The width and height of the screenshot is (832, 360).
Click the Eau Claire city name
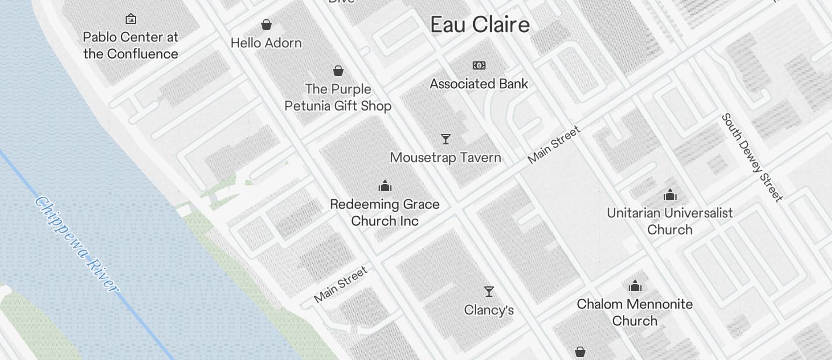[480, 25]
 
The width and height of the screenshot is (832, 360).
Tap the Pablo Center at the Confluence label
[130, 46]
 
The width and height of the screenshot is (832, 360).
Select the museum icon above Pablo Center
[131, 19]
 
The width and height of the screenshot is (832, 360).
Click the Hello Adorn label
[266, 43]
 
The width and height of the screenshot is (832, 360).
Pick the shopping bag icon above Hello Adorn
[266, 25]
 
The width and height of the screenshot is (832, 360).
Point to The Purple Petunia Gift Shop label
[338, 98]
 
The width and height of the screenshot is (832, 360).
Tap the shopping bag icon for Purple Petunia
[338, 71]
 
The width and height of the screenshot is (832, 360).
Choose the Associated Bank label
[479, 84]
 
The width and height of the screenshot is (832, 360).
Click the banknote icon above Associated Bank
[479, 65]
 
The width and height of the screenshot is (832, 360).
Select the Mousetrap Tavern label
[445, 158]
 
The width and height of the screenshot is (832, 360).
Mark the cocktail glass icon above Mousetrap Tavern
[446, 139]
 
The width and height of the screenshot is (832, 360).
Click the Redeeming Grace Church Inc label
[384, 213]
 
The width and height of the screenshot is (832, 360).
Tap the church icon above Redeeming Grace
[385, 186]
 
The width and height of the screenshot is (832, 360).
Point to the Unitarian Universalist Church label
[670, 221]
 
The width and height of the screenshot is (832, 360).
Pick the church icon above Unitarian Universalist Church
[670, 195]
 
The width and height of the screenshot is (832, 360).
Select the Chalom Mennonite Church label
[635, 313]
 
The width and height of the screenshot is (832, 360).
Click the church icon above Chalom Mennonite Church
[635, 286]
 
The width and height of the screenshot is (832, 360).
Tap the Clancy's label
[488, 310]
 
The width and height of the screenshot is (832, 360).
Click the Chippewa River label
[76, 244]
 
